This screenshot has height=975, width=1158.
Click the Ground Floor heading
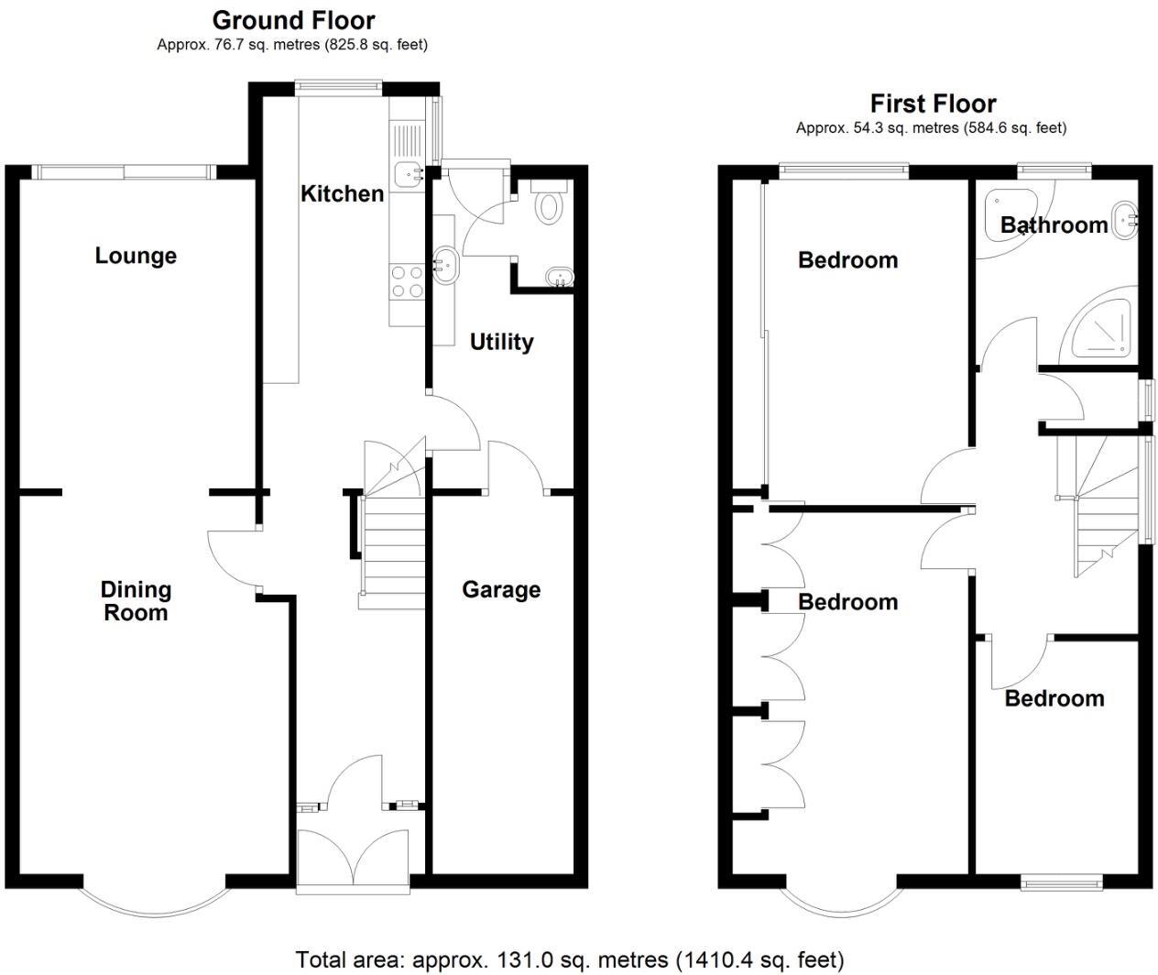pyautogui.click(x=293, y=20)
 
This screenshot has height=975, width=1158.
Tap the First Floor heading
pyautogui.click(x=933, y=104)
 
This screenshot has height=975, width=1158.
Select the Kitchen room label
pyautogui.click(x=342, y=193)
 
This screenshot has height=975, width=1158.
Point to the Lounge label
pyautogui.click(x=136, y=256)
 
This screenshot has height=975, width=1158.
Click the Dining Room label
pyautogui.click(x=136, y=601)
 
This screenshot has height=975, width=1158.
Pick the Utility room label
pyautogui.click(x=501, y=342)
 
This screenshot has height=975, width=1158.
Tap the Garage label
pyautogui.click(x=500, y=589)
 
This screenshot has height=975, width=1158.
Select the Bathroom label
pyautogui.click(x=1054, y=225)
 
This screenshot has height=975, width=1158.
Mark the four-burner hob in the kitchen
pyautogui.click(x=407, y=281)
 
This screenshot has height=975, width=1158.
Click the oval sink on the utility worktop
pyautogui.click(x=445, y=264)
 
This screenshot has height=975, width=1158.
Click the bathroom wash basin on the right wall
pyautogui.click(x=1125, y=221)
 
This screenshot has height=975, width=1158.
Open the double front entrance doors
pyautogui.click(x=354, y=858)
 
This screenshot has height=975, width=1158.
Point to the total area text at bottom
pyautogui.click(x=569, y=959)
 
